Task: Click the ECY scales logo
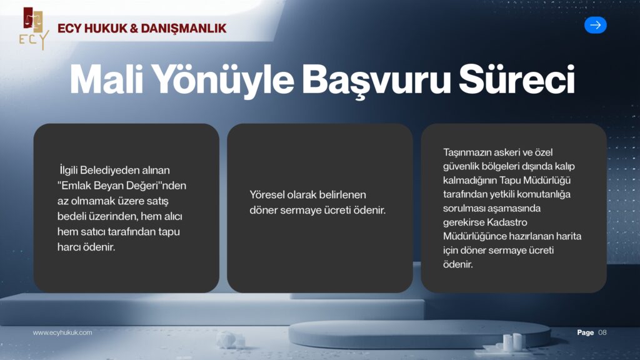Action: point(33,28)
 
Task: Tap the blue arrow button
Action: point(595,25)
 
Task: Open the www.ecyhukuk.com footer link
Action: point(62,332)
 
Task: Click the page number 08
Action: point(602,332)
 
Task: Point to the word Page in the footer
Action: point(585,332)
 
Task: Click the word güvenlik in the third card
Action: point(462,166)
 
